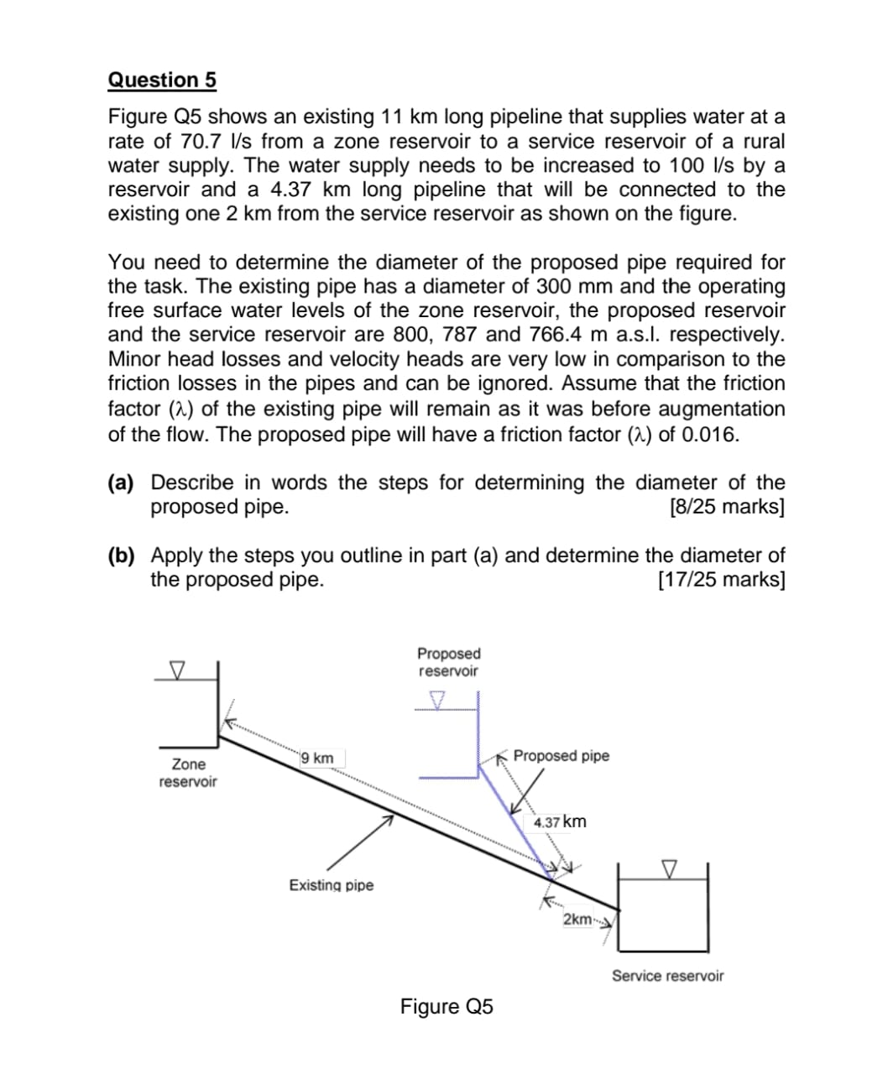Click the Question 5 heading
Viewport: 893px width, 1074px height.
click(162, 81)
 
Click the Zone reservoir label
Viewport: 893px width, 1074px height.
click(188, 773)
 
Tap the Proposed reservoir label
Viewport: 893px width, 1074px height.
click(448, 662)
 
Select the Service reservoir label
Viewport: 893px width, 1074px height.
click(667, 976)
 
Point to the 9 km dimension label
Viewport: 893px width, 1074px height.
click(317, 759)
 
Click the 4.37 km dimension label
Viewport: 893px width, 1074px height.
click(560, 821)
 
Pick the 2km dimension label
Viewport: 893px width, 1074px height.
click(577, 919)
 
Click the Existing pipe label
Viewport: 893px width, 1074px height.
click(332, 885)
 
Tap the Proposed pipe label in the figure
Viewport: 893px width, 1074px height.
click(561, 756)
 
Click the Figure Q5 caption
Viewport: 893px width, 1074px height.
click(446, 1006)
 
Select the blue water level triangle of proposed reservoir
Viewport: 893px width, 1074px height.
click(437, 700)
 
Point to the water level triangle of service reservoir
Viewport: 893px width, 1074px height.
click(669, 868)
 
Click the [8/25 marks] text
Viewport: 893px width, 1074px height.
click(728, 508)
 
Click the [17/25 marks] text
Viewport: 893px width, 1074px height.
click(722, 580)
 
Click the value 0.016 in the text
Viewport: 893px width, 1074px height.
click(709, 435)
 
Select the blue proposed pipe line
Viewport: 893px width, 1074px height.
click(514, 818)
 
